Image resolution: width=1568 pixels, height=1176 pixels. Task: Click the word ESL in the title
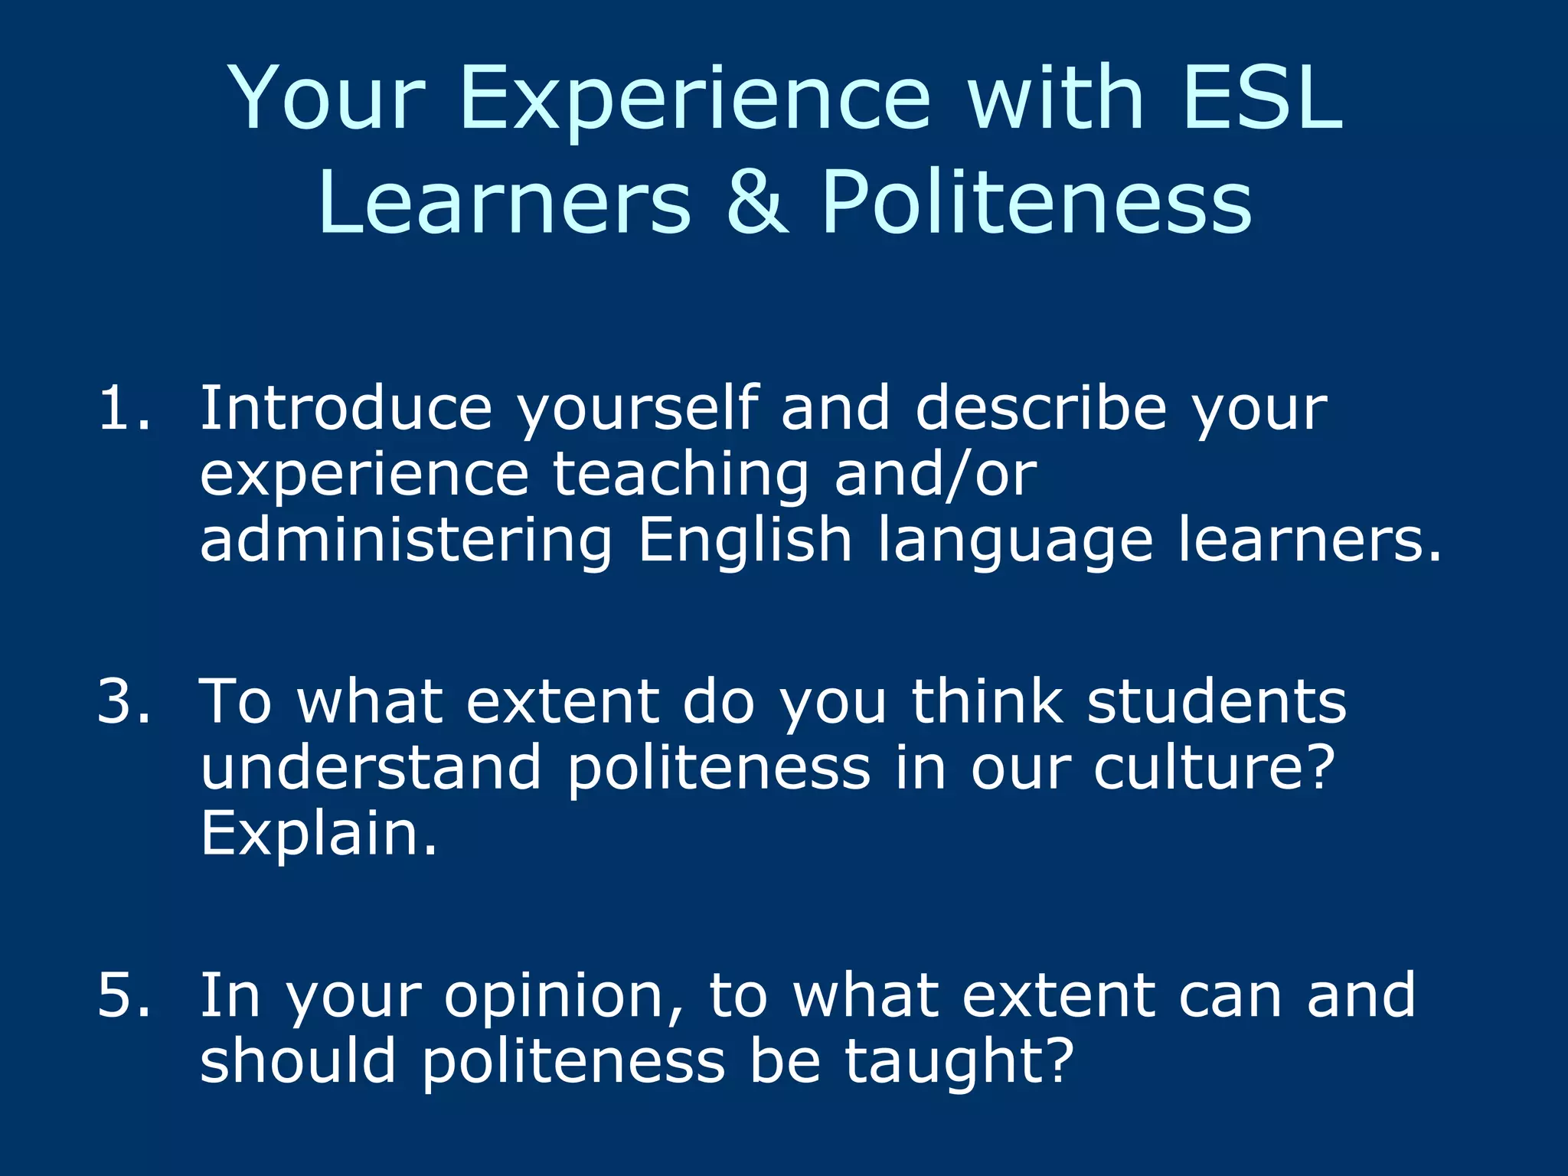pyautogui.click(x=1261, y=98)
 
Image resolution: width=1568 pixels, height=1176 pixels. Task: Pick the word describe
pyautogui.click(x=1041, y=408)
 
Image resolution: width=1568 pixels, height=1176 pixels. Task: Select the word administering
pyautogui.click(x=407, y=540)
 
